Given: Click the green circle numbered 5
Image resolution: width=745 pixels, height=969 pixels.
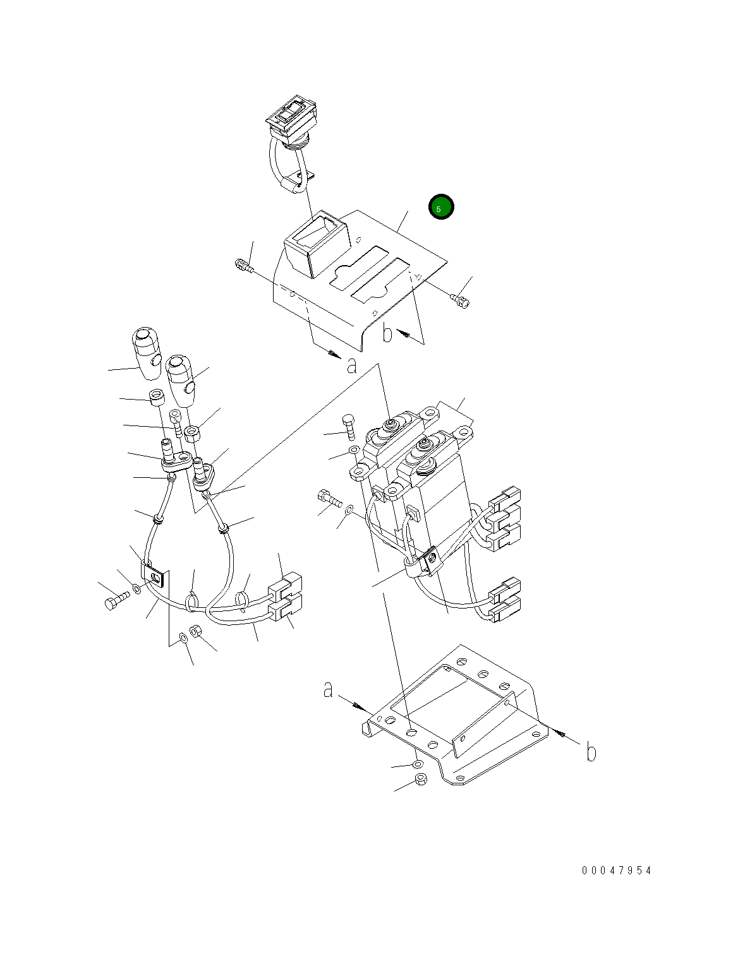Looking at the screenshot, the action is tap(441, 207).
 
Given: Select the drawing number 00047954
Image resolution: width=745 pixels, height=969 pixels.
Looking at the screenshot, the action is tap(617, 871).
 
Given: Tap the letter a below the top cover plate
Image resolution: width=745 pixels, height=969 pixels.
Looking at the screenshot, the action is tap(352, 366).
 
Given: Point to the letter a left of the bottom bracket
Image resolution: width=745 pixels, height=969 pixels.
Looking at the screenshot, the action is tap(328, 690).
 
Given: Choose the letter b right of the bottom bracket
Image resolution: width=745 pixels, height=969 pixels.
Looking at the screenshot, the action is tap(591, 752).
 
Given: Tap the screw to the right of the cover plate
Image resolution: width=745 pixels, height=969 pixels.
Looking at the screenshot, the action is tap(460, 300).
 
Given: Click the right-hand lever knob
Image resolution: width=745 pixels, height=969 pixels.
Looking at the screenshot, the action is tap(181, 381).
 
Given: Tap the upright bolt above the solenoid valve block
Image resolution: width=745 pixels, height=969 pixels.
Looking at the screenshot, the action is tap(349, 427).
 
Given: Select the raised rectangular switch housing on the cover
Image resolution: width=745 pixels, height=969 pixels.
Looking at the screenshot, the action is tap(315, 244).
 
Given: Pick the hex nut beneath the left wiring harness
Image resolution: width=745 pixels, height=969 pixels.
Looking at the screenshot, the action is tap(195, 631).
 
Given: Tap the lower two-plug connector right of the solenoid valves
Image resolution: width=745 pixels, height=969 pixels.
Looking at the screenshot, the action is tap(505, 601).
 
